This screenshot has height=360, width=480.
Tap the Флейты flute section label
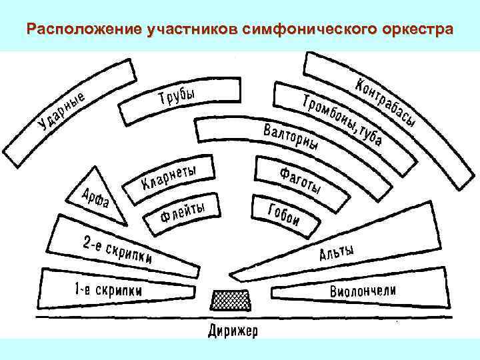[x=182, y=212]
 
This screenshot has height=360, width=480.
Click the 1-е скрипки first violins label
[x=108, y=291]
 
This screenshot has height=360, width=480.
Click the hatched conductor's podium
[x=231, y=300]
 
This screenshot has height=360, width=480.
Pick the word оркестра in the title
[x=416, y=31]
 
